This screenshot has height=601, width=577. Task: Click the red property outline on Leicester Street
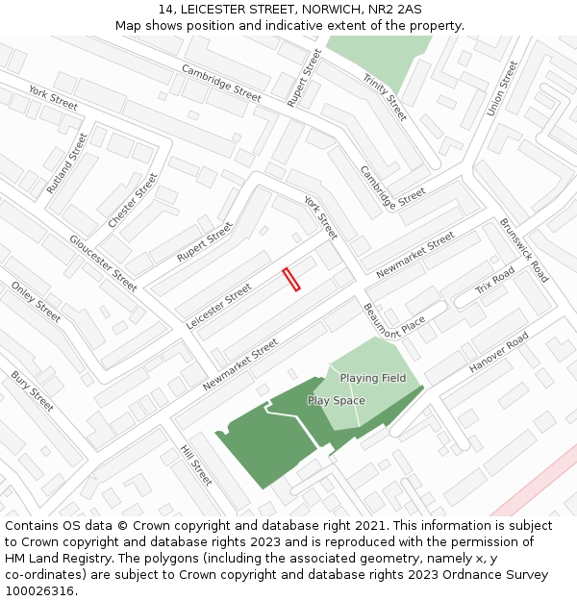(x=291, y=279)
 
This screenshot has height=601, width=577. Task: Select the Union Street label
(x=502, y=88)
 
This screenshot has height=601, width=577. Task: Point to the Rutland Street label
(x=66, y=163)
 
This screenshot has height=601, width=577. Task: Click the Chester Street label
(x=133, y=200)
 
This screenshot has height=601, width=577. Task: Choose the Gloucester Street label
(x=103, y=263)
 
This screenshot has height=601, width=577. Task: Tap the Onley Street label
(x=36, y=302)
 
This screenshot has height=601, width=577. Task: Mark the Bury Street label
(x=32, y=391)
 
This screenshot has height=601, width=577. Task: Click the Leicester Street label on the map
(x=218, y=307)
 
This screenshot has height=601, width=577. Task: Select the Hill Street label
(x=196, y=464)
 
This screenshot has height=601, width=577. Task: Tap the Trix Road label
(x=495, y=281)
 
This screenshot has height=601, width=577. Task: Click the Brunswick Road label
(x=524, y=249)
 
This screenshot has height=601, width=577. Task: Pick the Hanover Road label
(x=498, y=354)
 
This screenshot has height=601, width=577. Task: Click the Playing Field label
(x=373, y=378)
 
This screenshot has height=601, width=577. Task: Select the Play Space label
(x=337, y=400)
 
